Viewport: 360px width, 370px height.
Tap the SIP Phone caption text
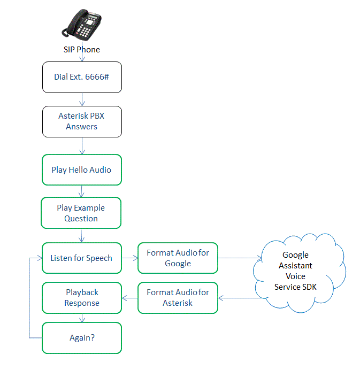pyautogui.click(x=81, y=50)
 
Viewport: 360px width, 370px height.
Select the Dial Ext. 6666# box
pyautogui.click(x=82, y=76)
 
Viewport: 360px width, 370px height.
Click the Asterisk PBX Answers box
pyautogui.click(x=82, y=121)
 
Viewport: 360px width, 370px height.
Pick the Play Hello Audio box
pyautogui.click(x=82, y=170)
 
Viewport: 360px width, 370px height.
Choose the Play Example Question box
pyautogui.click(x=81, y=213)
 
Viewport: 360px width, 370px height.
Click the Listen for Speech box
pyautogui.click(x=81, y=258)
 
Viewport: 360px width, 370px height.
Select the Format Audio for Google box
pyautogui.click(x=178, y=258)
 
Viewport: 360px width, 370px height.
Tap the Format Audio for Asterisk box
pyautogui.click(x=178, y=298)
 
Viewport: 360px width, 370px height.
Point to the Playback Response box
pyautogui.click(x=82, y=298)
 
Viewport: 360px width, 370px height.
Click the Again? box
pyautogui.click(x=82, y=338)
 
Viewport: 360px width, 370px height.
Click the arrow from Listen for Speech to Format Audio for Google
pyautogui.click(x=129, y=258)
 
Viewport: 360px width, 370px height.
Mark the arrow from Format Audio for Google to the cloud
pyautogui.click(x=240, y=258)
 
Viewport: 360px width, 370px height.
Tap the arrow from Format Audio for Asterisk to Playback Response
pyautogui.click(x=130, y=298)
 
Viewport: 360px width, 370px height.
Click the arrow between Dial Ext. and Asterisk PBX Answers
pyautogui.click(x=82, y=99)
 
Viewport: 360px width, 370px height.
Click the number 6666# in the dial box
pyautogui.click(x=97, y=76)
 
